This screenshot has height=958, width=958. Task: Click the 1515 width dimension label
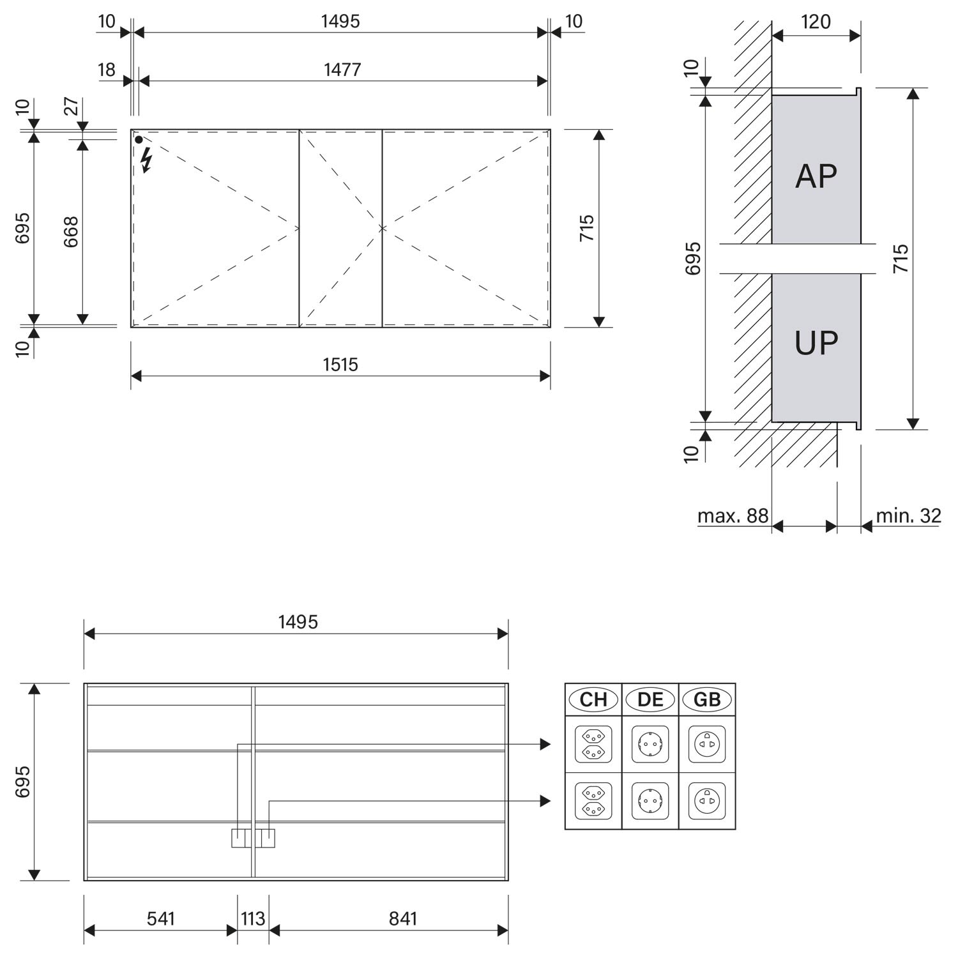coord(340,365)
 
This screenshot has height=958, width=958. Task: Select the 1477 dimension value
coord(342,69)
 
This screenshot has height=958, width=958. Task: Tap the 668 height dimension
coord(71,232)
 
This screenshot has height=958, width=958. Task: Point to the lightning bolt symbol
coord(147,160)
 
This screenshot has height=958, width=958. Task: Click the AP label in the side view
coord(816,176)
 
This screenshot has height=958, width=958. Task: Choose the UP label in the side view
coord(816,343)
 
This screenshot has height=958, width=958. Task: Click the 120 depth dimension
coord(816,22)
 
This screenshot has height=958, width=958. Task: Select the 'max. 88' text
coord(733,515)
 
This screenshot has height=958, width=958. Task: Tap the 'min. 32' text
coord(908,515)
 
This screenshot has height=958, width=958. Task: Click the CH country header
coord(593,699)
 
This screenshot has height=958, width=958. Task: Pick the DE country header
coord(650,699)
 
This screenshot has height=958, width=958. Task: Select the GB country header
coord(707,699)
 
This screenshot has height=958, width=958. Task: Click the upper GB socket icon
coord(707,744)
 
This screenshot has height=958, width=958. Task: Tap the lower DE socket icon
coord(650,801)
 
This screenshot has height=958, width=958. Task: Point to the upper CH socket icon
coord(593,744)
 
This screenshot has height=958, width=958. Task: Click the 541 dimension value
coord(160,918)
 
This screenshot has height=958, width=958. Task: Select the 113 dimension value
coord(253,918)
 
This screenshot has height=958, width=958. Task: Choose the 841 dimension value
coord(403,918)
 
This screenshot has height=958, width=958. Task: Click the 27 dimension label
coord(72,105)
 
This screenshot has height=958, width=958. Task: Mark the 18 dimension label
coord(107,69)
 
